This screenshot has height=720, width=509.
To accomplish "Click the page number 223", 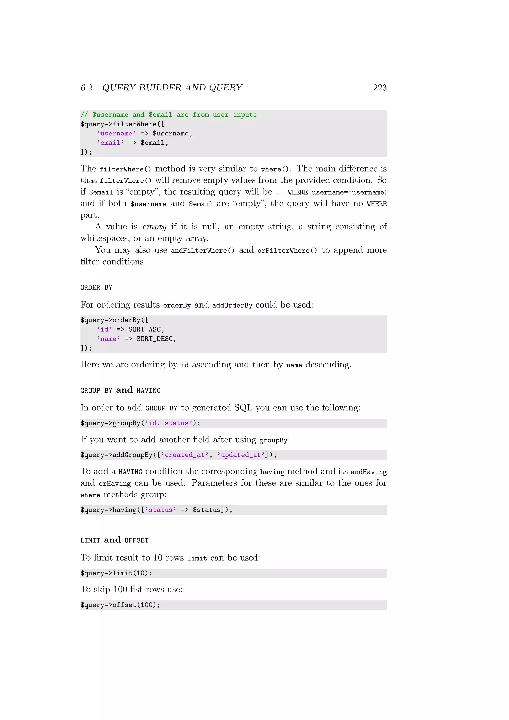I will (380, 88).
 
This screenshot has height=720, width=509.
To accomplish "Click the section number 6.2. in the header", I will (87, 88).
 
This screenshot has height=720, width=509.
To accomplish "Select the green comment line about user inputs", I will (168, 115).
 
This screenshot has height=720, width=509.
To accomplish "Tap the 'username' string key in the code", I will (116, 134).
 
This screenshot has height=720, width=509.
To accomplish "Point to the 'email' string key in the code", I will (110, 143).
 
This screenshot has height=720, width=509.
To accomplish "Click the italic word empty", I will (154, 227).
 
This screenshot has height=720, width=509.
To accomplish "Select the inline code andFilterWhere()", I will (203, 250).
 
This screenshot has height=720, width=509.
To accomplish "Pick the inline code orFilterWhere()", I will (287, 250).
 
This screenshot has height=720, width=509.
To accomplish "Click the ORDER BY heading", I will (96, 288).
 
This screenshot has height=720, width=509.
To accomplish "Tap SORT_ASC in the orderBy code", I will (144, 330).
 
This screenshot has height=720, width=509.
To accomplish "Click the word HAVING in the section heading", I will (149, 390).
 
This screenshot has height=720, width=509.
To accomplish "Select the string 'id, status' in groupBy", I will (169, 423).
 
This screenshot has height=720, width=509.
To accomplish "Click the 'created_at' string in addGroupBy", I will (185, 455).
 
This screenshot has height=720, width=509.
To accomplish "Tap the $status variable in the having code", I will (207, 510).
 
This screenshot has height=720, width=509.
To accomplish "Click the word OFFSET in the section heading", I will (136, 540).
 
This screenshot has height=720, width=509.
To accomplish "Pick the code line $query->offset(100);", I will (120, 605).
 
